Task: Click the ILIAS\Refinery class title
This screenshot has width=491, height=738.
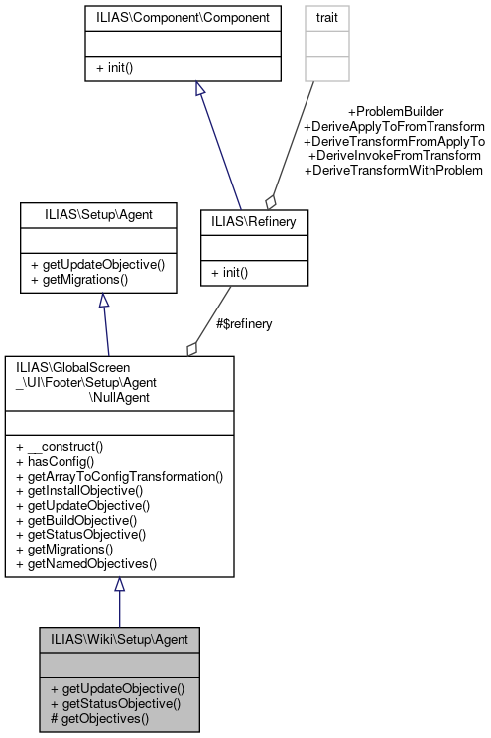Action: (254, 223)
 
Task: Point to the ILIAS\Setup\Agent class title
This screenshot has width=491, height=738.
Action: (98, 214)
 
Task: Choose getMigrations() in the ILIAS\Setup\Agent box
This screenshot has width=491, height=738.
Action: (84, 279)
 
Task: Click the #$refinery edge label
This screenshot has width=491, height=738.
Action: (243, 323)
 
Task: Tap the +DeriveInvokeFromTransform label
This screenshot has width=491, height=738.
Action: (394, 156)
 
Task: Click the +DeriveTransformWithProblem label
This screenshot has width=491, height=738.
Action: (394, 171)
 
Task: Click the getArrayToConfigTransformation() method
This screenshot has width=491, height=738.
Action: (120, 476)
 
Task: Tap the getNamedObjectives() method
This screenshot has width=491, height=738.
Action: (86, 562)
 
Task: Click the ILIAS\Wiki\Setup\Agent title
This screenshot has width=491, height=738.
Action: (120, 638)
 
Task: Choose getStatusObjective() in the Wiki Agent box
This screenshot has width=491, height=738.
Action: (115, 702)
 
